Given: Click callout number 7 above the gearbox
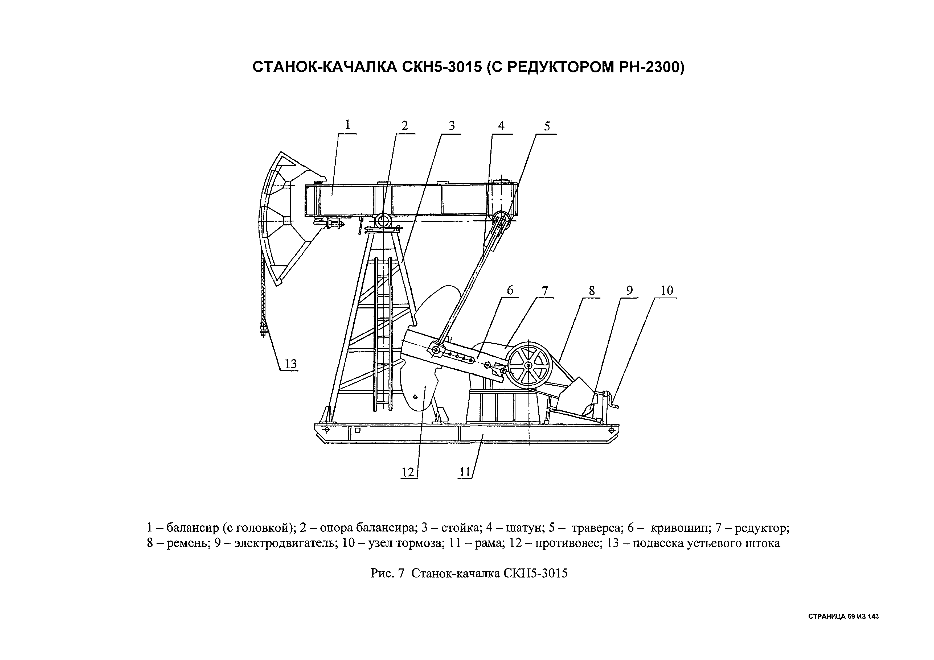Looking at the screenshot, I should coord(545,291).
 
